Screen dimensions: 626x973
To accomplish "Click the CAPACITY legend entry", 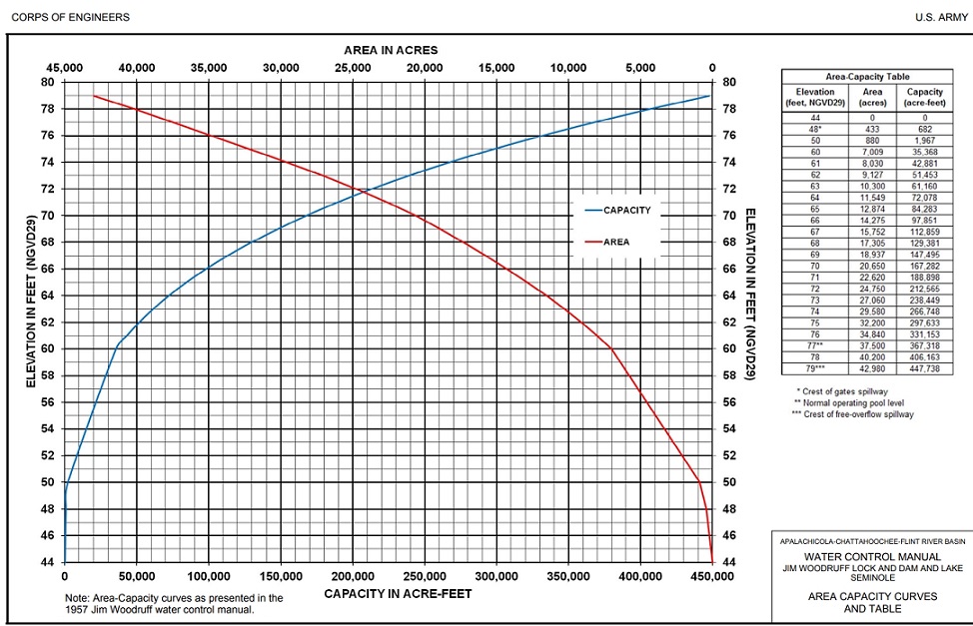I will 627,211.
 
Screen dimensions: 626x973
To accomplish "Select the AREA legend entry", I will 616,242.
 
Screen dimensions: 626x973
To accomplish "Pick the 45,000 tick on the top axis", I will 66,68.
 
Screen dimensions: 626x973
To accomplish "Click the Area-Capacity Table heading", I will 866,76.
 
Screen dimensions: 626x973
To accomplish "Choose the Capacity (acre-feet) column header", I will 925,97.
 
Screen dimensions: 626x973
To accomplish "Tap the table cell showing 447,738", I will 925,368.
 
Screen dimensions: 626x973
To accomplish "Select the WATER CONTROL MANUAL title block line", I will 872,556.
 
